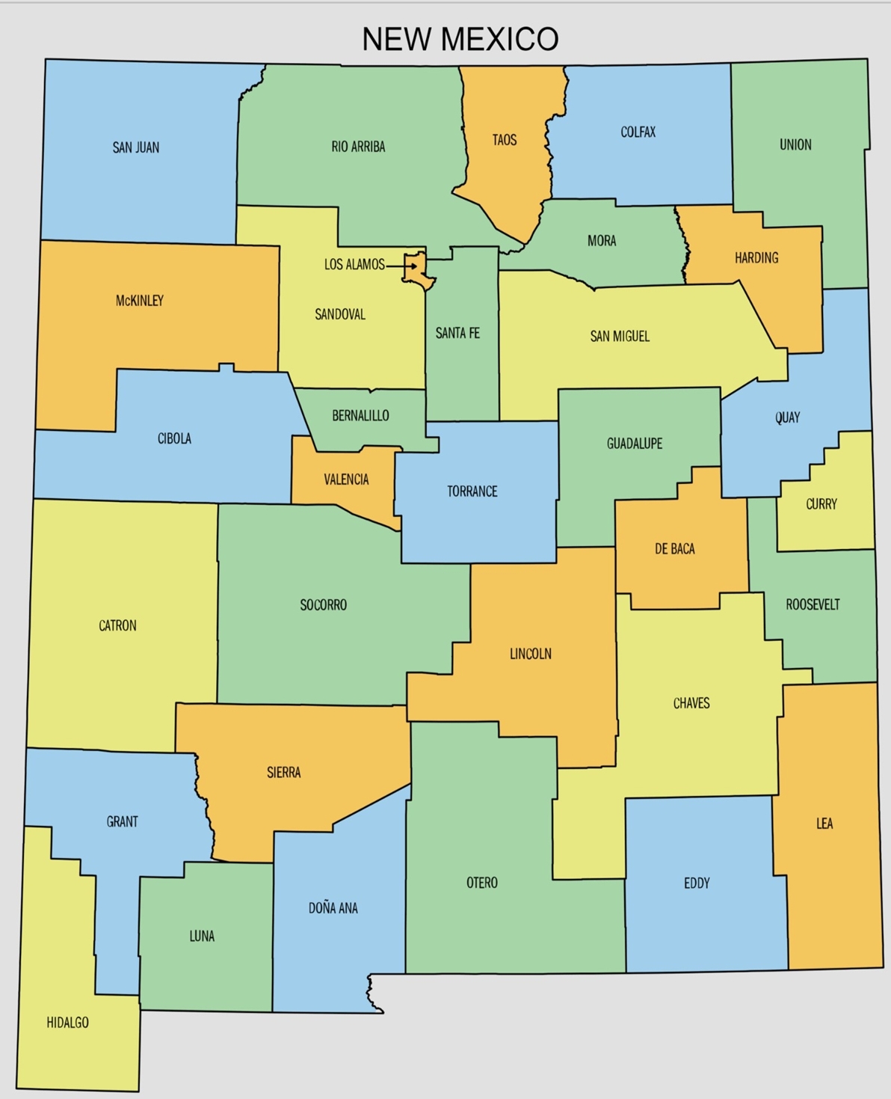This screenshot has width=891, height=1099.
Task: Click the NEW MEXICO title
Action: point(460,39)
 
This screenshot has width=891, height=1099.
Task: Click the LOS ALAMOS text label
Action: point(354,264)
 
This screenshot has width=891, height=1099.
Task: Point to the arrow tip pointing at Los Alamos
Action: point(416,266)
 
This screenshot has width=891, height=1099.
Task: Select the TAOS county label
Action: point(505,140)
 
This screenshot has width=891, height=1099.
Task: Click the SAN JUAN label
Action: point(136,147)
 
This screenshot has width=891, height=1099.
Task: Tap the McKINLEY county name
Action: point(140,301)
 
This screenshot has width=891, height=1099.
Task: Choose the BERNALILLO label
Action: point(360,415)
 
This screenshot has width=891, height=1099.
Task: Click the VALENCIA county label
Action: point(346,480)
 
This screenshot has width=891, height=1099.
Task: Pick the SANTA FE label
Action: point(457,333)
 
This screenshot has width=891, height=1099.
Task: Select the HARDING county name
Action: point(756,258)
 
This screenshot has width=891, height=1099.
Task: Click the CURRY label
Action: point(821,504)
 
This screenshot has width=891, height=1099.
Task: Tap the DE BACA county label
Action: point(675,549)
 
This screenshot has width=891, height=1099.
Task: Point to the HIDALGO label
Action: point(68,1023)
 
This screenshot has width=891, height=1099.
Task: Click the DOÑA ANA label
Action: point(333,908)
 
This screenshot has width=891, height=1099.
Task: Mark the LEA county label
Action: point(824,824)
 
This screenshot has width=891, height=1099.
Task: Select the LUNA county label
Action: point(202,936)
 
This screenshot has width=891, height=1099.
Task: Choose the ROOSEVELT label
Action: point(813,604)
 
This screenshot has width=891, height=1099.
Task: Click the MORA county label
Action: point(602,241)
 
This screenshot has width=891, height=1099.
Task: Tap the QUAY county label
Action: point(788,417)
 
